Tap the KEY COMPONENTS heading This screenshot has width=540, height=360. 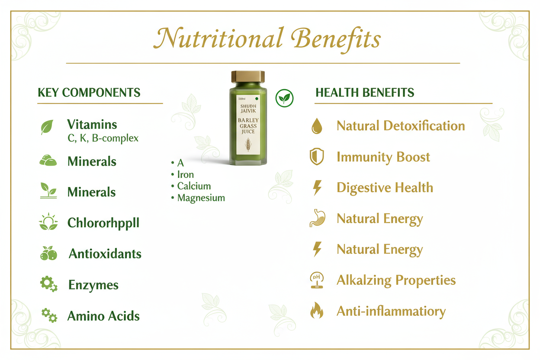pos(89,93)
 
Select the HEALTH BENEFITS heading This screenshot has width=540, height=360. pos(365,93)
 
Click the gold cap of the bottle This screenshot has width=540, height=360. pos(248,77)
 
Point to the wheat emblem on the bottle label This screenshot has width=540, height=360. pos(248,144)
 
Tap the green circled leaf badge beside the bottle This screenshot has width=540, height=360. pos(284,98)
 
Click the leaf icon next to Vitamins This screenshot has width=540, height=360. pos(47,127)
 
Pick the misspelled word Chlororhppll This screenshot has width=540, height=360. pos(103,223)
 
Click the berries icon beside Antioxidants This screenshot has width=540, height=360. pos(48,254)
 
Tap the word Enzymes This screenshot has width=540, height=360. pos(93,285)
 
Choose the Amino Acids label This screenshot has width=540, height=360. pos(103,316)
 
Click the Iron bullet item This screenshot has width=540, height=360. pos(185,175)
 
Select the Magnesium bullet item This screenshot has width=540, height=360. pos(201,198)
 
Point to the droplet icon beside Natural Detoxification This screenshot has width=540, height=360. pos(317,126)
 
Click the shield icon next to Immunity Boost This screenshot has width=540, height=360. pos(317,157)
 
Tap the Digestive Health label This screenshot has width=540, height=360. pos(385,188)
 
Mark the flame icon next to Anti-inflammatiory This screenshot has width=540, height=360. pos(317,311)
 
